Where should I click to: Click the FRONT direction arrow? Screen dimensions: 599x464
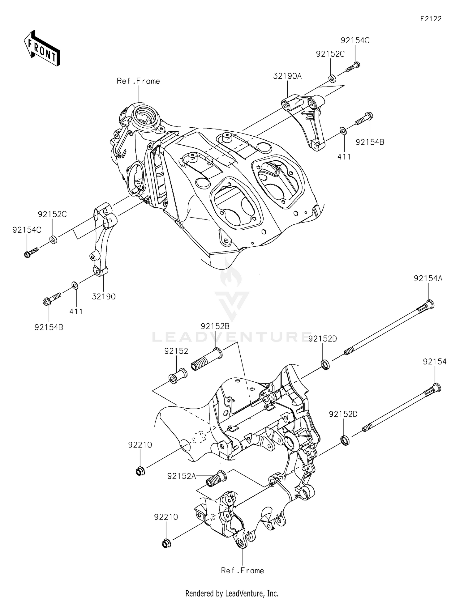(x=42, y=48)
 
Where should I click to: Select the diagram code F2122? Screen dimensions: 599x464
(x=431, y=19)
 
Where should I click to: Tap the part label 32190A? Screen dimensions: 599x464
(x=287, y=76)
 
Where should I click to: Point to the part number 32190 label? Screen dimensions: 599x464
(x=104, y=297)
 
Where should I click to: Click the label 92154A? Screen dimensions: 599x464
(x=428, y=278)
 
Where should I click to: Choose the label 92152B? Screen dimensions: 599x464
(x=215, y=326)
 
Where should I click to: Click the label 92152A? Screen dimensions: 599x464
(x=182, y=476)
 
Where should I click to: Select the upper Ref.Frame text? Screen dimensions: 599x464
(x=138, y=81)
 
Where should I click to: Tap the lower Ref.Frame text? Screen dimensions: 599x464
(x=242, y=571)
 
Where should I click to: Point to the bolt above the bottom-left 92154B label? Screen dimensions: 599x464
(x=51, y=299)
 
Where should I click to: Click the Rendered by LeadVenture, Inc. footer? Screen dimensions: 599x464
(x=232, y=593)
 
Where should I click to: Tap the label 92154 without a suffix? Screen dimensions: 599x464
(x=435, y=361)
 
